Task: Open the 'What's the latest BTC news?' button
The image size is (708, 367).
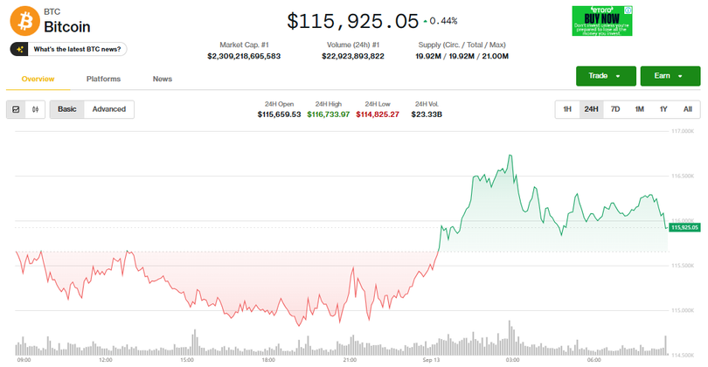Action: (x=69, y=49)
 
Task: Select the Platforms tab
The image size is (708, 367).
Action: (x=103, y=80)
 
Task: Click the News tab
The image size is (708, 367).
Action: (x=163, y=80)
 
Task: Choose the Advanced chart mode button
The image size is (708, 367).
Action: (x=109, y=109)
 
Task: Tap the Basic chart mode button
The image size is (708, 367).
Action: (x=67, y=109)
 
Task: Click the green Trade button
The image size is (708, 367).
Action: (x=605, y=76)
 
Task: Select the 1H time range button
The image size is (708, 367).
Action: (x=567, y=109)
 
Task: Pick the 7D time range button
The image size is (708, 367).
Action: (x=615, y=109)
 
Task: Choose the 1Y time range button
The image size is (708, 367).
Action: (x=663, y=109)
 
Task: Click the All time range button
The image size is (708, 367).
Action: (x=687, y=109)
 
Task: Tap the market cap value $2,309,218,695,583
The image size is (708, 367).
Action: (x=244, y=56)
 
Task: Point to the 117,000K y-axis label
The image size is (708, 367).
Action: (x=682, y=132)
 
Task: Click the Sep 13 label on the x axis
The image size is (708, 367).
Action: (x=432, y=359)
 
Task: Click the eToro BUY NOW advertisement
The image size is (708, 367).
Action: (x=602, y=21)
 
